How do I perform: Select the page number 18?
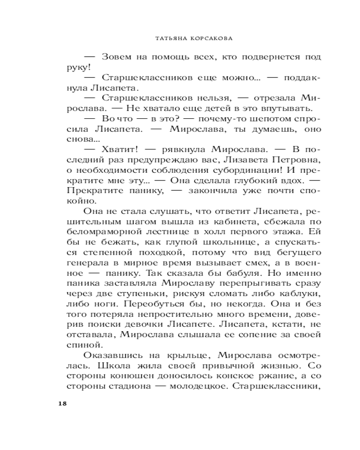click(63, 403)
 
